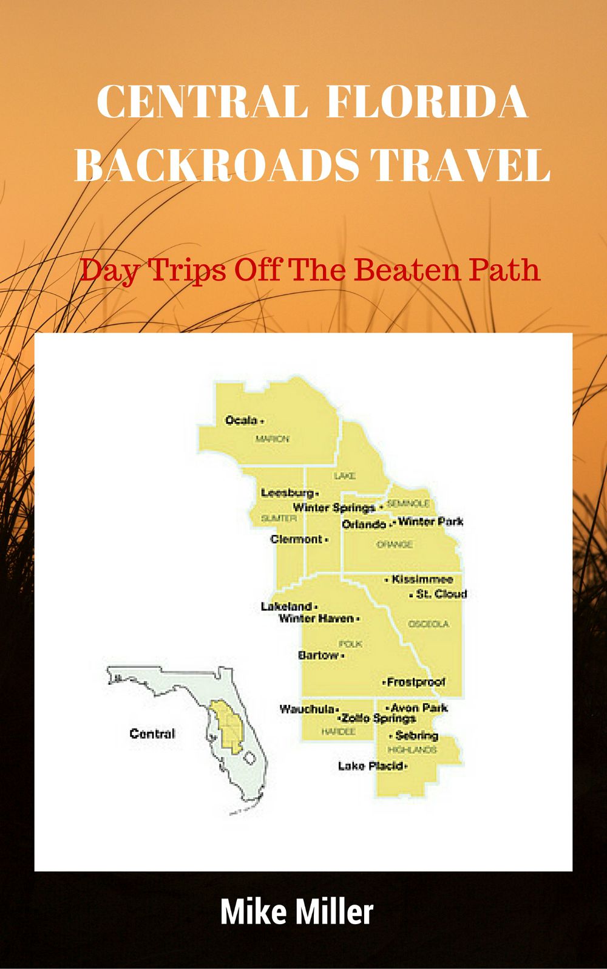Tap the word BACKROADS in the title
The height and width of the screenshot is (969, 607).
tap(219, 164)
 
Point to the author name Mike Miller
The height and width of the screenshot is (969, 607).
tap(296, 912)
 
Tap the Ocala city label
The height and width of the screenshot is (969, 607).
tap(241, 420)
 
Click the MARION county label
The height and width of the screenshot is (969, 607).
tap(271, 439)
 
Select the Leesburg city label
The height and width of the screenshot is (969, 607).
tap(287, 492)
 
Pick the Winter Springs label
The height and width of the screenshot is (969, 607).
tap(334, 507)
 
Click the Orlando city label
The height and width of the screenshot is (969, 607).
tap(364, 524)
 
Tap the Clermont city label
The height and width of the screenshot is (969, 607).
tap(296, 539)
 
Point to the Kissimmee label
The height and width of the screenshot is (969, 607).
tap(422, 579)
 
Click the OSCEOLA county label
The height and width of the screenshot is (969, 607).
tap(429, 624)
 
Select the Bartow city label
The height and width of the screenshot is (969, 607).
tap(318, 655)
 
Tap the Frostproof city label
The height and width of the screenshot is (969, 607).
tap(416, 682)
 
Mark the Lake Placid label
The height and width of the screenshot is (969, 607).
tap(370, 766)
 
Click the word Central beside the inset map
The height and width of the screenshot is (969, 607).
tap(152, 733)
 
